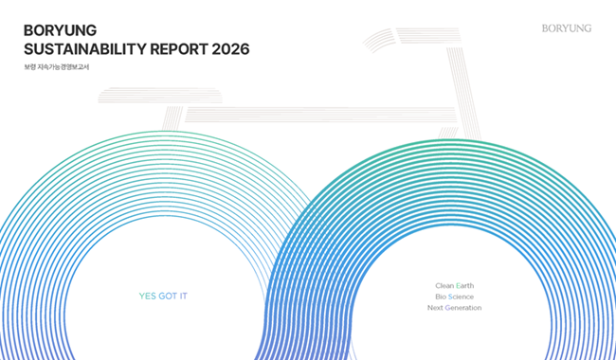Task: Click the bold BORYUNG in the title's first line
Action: coord(60,30)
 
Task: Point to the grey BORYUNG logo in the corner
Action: coord(567,28)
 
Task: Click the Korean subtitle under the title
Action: coord(57,67)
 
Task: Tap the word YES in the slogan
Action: coord(147,297)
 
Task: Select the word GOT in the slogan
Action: coord(168,297)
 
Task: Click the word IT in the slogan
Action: coord(184,297)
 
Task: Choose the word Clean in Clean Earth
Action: coord(444,285)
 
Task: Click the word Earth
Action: coord(464,285)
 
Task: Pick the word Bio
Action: coord(441,297)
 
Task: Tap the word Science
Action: coord(461,297)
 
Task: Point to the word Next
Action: coord(435,308)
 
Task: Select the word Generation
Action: coord(463,308)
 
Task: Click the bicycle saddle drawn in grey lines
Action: coord(160,96)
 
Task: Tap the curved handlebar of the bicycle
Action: coord(411,36)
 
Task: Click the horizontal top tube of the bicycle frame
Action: coord(320,115)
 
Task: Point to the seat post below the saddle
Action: coord(172,118)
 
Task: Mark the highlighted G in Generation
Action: coord(447,308)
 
